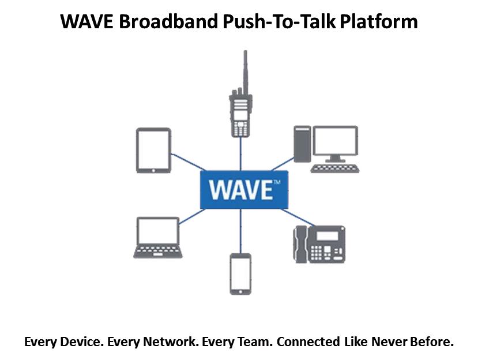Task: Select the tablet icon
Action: click(x=153, y=151)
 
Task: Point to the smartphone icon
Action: click(x=240, y=274)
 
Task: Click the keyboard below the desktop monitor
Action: click(x=334, y=168)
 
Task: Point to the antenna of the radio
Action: click(x=244, y=69)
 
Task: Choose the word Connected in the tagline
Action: click(x=308, y=342)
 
